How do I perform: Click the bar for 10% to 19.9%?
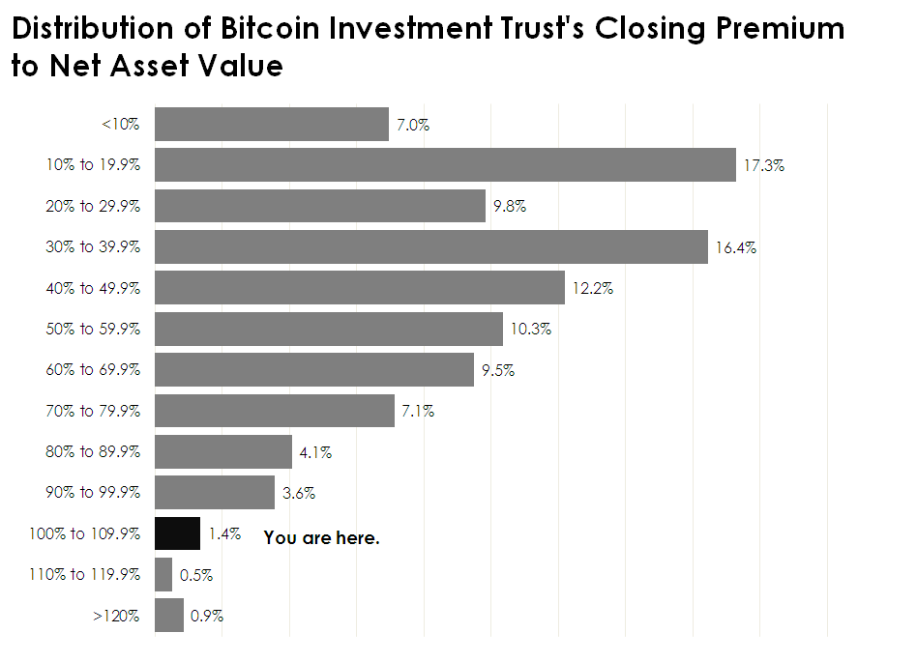click(445, 165)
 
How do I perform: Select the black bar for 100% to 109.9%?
click(177, 533)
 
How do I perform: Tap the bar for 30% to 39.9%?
click(431, 247)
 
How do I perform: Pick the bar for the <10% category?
click(272, 125)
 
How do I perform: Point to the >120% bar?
click(169, 615)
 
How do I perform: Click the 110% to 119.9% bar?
click(163, 574)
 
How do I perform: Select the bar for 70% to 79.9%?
click(275, 411)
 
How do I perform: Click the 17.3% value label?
click(764, 165)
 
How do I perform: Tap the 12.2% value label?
click(593, 288)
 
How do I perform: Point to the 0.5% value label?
click(196, 575)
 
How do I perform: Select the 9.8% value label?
click(509, 207)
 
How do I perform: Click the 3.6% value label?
click(299, 493)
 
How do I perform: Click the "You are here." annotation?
click(321, 538)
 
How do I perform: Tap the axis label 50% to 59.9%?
click(93, 330)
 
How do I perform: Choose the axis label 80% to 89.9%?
click(93, 451)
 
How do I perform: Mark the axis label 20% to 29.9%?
click(93, 207)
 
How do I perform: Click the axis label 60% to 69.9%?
click(93, 370)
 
